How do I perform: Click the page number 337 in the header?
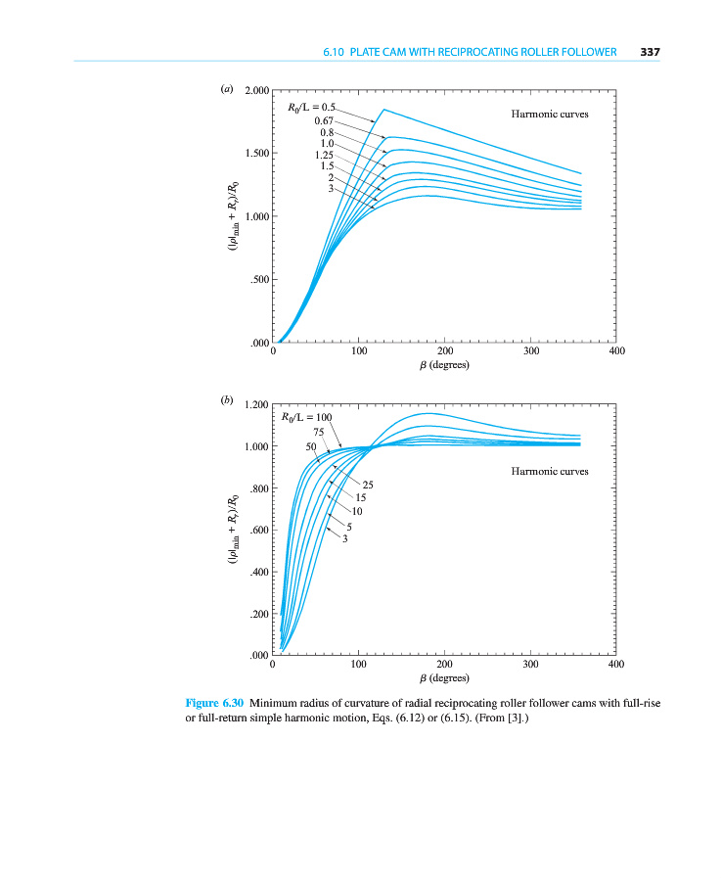coord(652,52)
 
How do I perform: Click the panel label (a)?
coord(227,89)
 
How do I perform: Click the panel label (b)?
coord(227,400)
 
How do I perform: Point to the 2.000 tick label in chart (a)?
coord(256,91)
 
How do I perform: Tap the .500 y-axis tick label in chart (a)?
coord(259,280)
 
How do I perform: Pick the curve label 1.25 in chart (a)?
coord(325,155)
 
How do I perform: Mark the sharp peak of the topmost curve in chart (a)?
coord(383,110)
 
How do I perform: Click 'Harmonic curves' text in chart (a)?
coord(550,115)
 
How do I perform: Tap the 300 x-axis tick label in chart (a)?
coord(530,351)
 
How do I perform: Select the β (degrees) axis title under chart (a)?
coord(444,365)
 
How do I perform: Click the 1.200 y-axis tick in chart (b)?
coord(256,404)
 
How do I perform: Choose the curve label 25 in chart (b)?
coord(369,485)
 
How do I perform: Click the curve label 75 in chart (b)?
coord(318,432)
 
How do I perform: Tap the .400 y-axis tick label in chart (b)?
coord(259,573)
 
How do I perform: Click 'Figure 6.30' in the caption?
coord(214,702)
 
